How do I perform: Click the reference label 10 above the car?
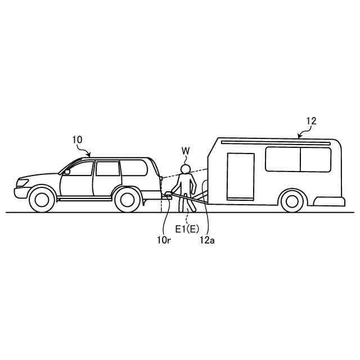(x=76, y=138)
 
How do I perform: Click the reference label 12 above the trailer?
(x=311, y=120)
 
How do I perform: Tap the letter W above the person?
(x=186, y=151)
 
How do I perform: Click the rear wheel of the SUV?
(x=127, y=199)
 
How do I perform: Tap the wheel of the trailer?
(x=291, y=200)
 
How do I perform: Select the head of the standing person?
(x=186, y=169)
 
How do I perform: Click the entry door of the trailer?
(x=240, y=176)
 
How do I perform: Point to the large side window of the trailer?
(x=298, y=159)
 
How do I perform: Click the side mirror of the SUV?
(x=67, y=172)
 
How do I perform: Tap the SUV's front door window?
(x=80, y=168)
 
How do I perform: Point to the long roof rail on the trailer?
(x=276, y=143)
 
